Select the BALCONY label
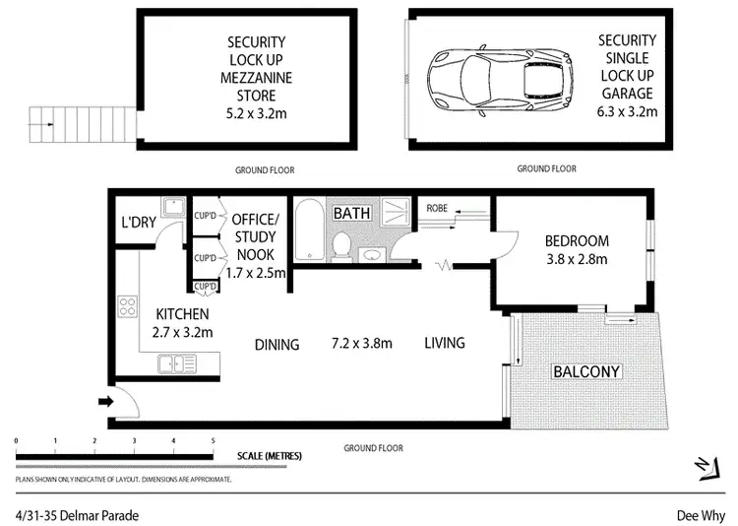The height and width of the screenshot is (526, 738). tap(587, 371)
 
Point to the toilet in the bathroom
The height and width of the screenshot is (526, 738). tap(338, 246)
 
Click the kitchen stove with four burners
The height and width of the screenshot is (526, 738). tap(128, 306)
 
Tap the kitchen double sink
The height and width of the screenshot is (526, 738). tap(178, 364)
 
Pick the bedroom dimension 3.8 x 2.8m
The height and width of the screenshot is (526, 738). tap(576, 259)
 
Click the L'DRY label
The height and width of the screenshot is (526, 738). tap(138, 223)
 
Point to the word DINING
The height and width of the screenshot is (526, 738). tap(277, 344)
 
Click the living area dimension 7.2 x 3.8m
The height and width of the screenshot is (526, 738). tap(361, 344)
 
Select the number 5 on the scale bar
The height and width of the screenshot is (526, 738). tap(213, 440)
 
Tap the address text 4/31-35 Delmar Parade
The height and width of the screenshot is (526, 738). tap(77, 514)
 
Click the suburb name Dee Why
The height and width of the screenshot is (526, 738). tap(701, 514)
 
